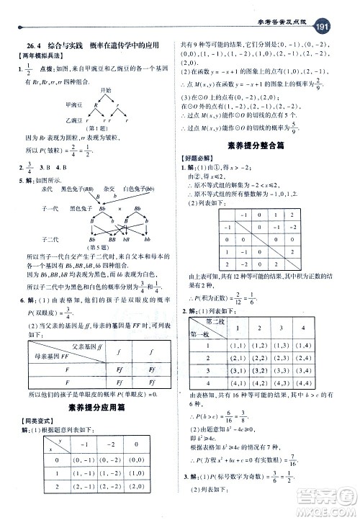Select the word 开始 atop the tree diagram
[106, 89]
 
